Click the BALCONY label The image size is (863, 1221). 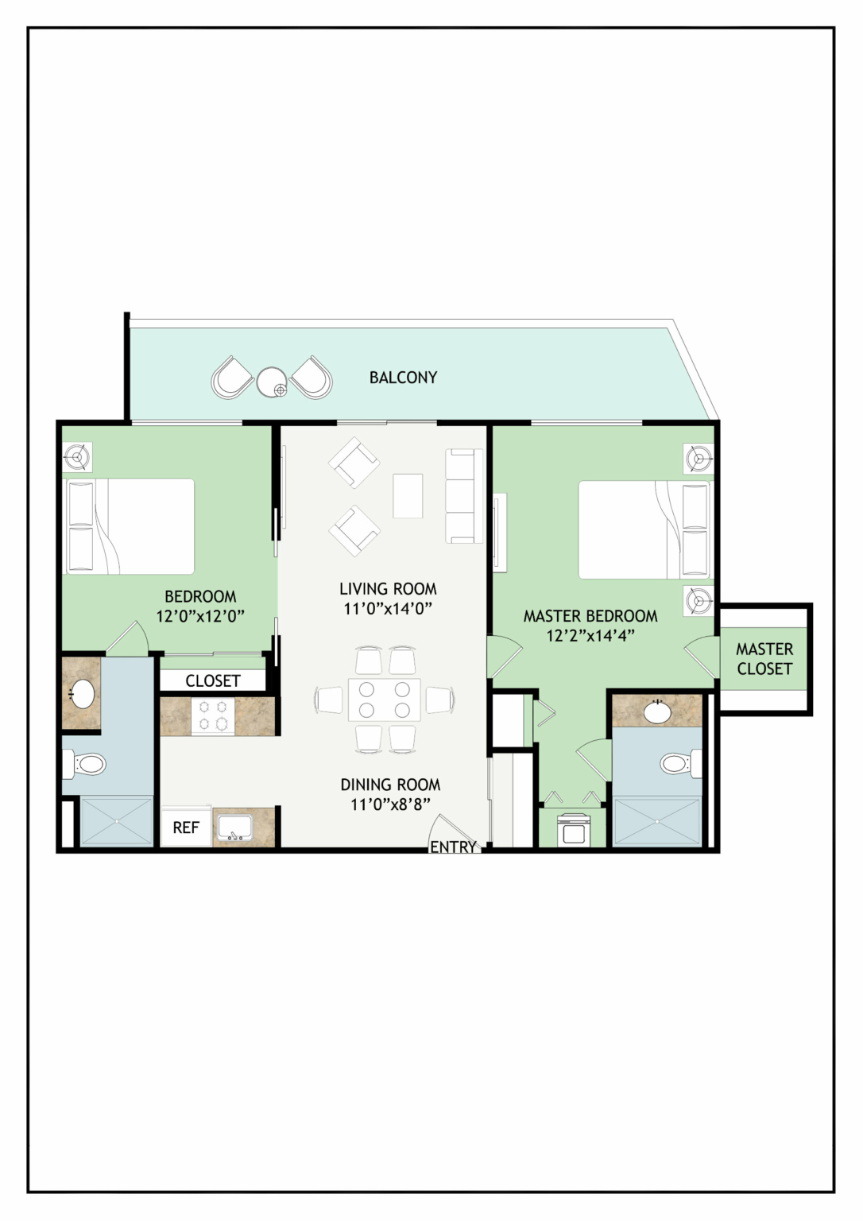[x=403, y=378]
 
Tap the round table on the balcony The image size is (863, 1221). [x=272, y=382]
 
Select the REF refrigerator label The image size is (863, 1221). [x=186, y=828]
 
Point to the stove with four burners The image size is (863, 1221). [x=213, y=715]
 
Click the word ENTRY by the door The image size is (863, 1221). [x=453, y=847]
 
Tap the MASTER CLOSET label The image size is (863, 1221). [x=764, y=658]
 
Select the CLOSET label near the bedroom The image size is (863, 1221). [x=213, y=680]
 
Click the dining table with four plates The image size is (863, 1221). [x=385, y=700]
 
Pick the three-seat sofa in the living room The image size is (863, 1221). [x=464, y=495]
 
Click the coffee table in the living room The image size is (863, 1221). [x=408, y=495]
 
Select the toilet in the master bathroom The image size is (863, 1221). [x=681, y=762]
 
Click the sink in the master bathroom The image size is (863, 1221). [x=658, y=711]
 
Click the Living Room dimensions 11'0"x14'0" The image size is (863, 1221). [x=388, y=608]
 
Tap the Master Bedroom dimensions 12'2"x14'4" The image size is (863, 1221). [x=591, y=636]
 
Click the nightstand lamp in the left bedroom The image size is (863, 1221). [x=77, y=457]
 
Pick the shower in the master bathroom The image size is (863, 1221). [x=658, y=821]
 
